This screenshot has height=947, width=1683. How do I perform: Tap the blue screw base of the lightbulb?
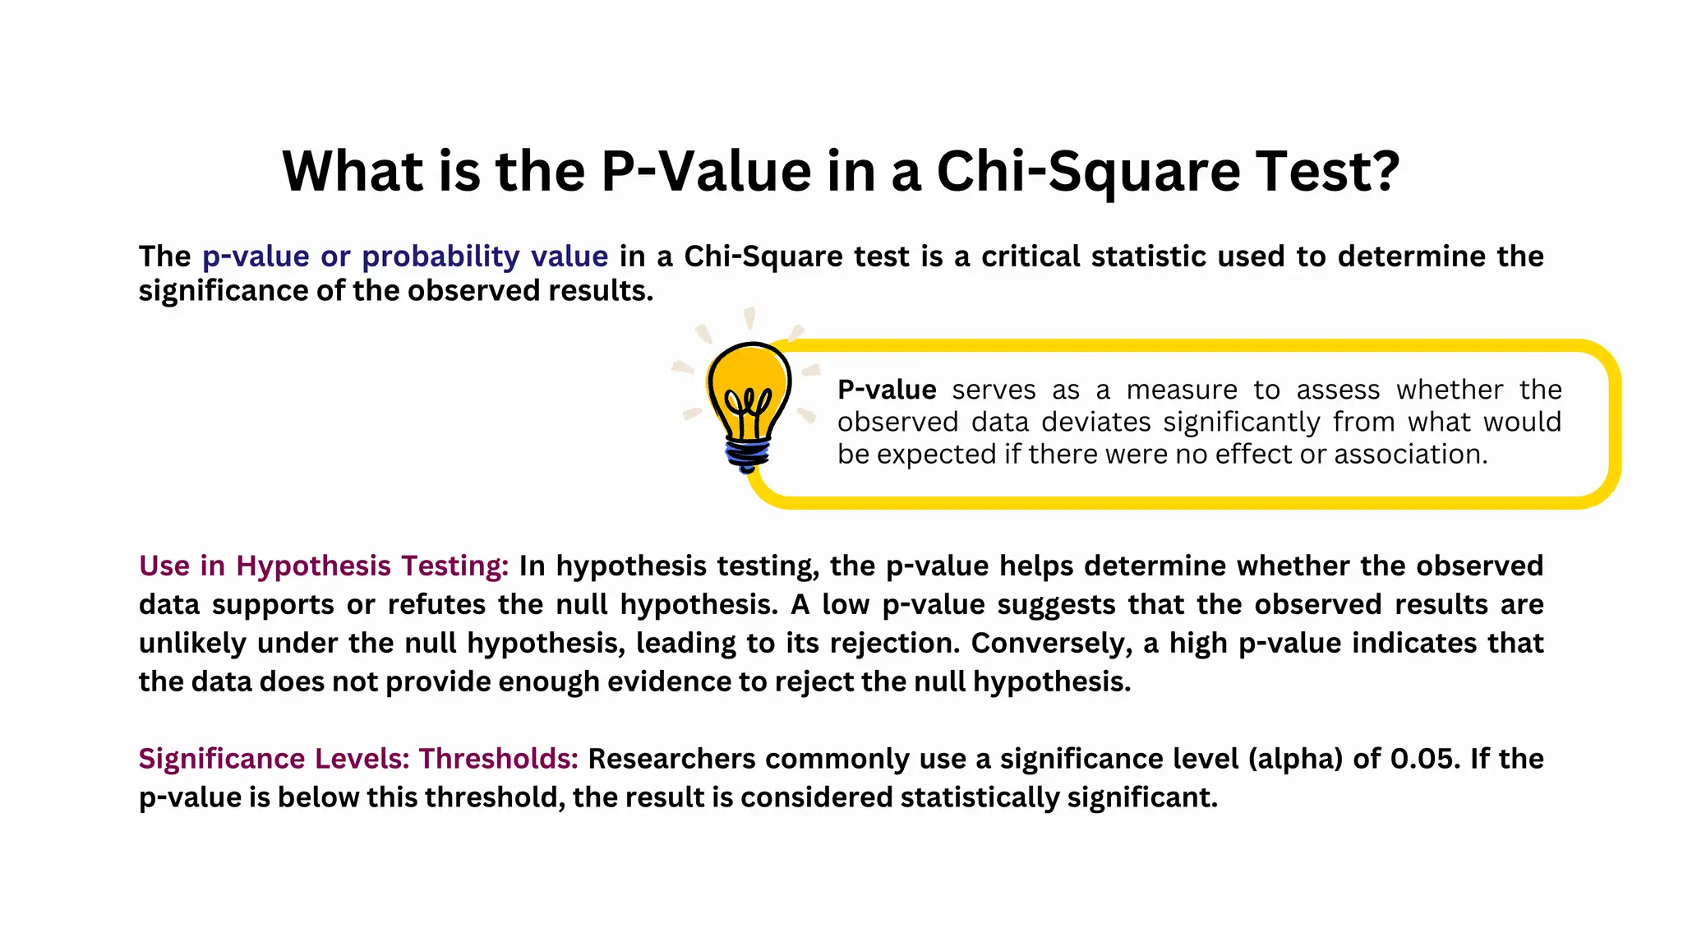747,455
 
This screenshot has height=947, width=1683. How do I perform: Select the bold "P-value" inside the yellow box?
887,390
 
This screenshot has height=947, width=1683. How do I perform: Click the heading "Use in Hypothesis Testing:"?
324,566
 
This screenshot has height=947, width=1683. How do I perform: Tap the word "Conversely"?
1047,643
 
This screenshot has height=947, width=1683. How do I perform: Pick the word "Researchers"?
671,759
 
